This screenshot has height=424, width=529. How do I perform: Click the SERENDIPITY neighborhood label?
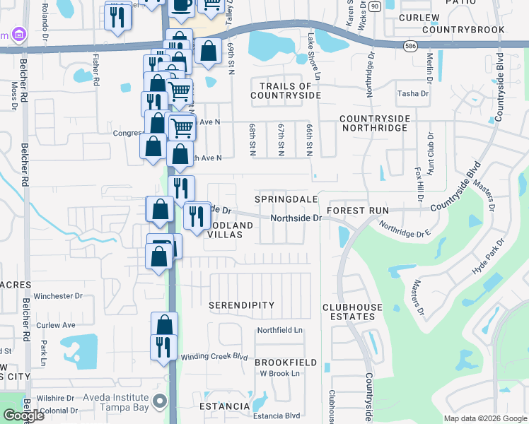(x=241, y=305)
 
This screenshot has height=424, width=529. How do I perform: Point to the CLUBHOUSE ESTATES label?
(x=352, y=312)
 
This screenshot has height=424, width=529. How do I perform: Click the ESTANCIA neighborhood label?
(x=224, y=406)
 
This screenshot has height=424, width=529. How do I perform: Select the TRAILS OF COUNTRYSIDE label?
(x=286, y=90)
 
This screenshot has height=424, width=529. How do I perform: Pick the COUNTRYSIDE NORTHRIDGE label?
(x=373, y=123)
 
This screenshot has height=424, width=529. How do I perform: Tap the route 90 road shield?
(x=375, y=6)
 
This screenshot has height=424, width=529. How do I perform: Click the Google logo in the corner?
(x=23, y=416)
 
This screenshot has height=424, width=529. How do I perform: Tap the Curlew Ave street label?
(x=57, y=325)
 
